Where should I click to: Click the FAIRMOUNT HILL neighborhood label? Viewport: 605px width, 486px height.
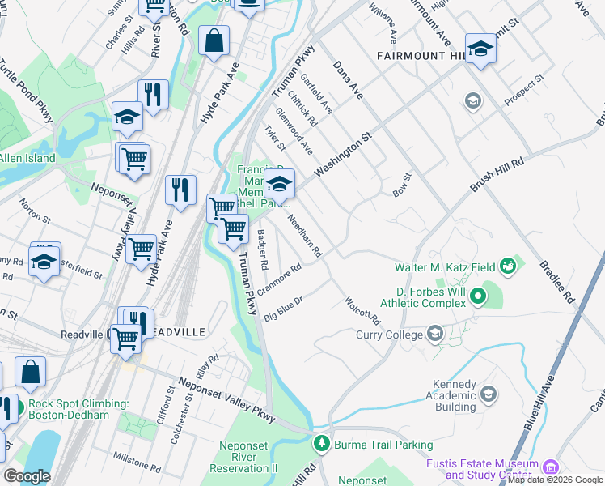pyautogui.click(x=422, y=56)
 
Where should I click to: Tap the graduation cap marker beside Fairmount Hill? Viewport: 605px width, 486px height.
pyautogui.click(x=480, y=49)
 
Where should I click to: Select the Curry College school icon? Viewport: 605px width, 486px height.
pyautogui.click(x=435, y=334)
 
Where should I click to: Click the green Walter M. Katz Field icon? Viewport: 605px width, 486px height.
pyautogui.click(x=507, y=265)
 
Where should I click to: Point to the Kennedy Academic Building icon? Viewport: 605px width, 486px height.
pyautogui.click(x=488, y=394)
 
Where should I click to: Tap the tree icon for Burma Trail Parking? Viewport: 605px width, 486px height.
pyautogui.click(x=322, y=444)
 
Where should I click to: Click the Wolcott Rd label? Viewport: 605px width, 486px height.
pyautogui.click(x=362, y=309)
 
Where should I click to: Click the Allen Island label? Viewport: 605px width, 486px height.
pyautogui.click(x=27, y=158)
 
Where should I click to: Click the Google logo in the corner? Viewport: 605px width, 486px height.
pyautogui.click(x=27, y=476)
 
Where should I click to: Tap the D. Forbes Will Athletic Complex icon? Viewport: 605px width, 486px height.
pyautogui.click(x=477, y=297)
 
